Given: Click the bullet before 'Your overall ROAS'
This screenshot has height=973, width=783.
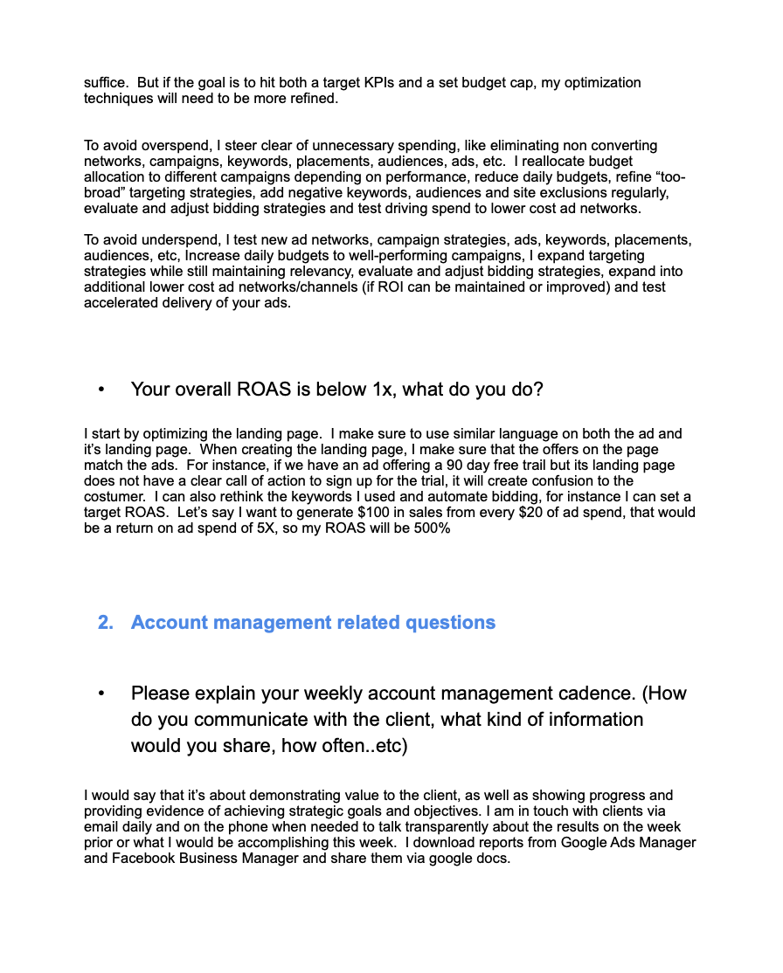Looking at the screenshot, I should (x=102, y=390).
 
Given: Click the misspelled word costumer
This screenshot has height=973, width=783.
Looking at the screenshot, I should (x=113, y=497).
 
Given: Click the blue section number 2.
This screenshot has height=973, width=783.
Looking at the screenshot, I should (x=106, y=623).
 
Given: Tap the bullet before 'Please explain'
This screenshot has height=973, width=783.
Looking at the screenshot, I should (x=102, y=694).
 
